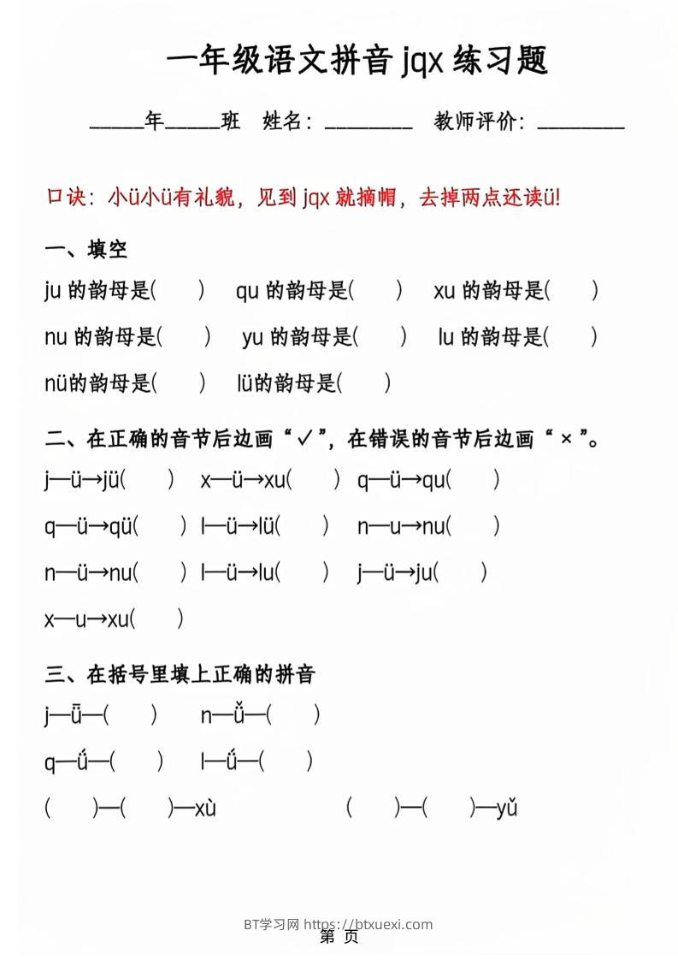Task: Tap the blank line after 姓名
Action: [x=368, y=125]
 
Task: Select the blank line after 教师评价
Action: [x=581, y=125]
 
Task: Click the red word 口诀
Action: [x=66, y=198]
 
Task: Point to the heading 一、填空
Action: [x=85, y=249]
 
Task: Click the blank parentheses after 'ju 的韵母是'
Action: [x=178, y=291]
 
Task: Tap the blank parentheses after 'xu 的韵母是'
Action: [x=572, y=291]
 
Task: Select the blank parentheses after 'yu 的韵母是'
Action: [x=381, y=337]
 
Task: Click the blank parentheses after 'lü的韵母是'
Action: [x=364, y=383]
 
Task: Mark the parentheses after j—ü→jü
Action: [x=148, y=480]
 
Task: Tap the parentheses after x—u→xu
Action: [x=157, y=618]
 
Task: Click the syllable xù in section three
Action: [x=205, y=807]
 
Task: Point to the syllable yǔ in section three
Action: [x=506, y=807]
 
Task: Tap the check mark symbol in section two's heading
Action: [x=304, y=439]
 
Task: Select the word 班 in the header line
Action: [x=230, y=122]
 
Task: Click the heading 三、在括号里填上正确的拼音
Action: [x=180, y=674]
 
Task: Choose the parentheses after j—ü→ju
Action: [x=461, y=572]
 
